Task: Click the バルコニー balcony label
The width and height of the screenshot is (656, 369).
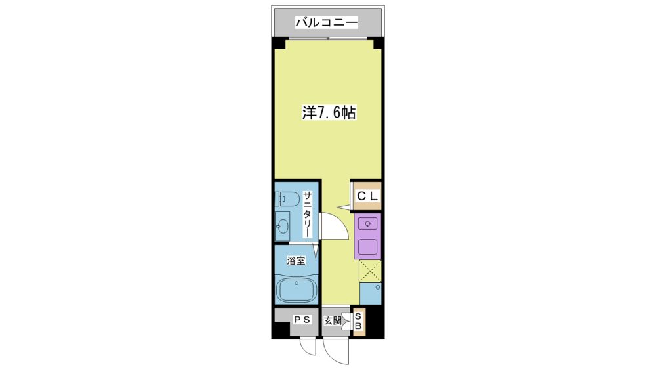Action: (327, 22)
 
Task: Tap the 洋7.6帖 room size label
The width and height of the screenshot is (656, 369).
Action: (329, 113)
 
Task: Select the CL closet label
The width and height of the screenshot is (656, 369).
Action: (367, 196)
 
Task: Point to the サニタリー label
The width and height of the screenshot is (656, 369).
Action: (308, 215)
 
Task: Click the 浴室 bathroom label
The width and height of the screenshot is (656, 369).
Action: (296, 261)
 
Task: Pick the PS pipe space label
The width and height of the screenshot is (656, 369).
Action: (302, 320)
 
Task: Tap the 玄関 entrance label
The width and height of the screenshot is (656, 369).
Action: (333, 321)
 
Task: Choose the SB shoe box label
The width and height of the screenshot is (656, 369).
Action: (359, 321)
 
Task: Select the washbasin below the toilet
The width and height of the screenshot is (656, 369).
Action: (282, 227)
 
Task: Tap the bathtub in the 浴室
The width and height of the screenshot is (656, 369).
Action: (297, 290)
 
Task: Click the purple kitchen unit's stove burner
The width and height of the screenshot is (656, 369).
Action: (368, 224)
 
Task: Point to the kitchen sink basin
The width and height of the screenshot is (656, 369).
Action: (368, 247)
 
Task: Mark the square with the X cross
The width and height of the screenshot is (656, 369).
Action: (370, 271)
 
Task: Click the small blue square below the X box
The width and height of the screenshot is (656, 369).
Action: (370, 293)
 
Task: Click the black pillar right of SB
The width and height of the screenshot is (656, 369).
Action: (375, 321)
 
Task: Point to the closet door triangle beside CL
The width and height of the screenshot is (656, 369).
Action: (344, 206)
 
